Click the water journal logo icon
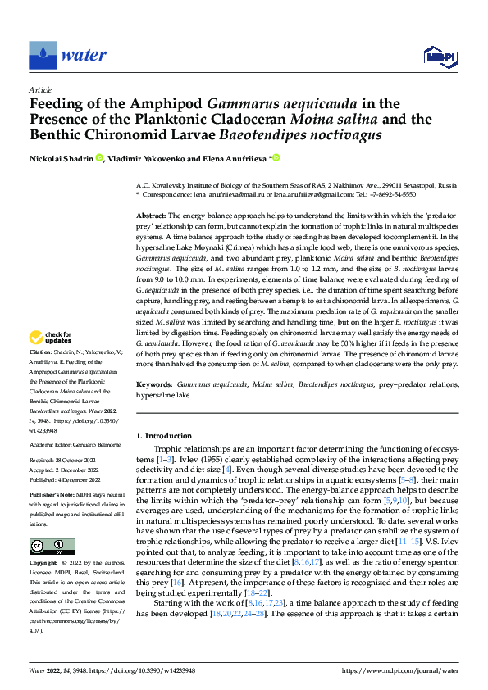[x=43, y=55]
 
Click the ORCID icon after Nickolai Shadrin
[x=99, y=158]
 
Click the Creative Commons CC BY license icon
[x=52, y=546]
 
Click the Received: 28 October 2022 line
[x=65, y=461]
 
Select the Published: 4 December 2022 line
[x=66, y=479]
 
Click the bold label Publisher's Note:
[x=52, y=496]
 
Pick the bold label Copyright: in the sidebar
[x=44, y=564]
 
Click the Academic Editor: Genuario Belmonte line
[x=76, y=443]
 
